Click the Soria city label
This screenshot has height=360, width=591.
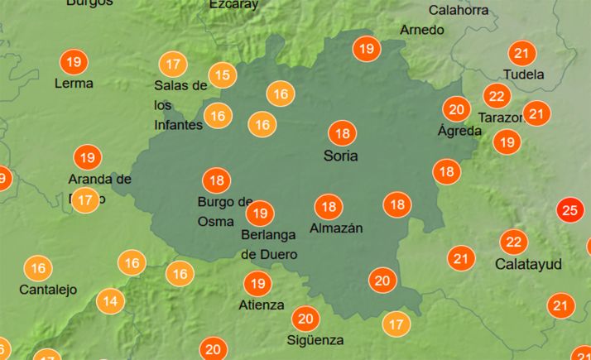click(x=340, y=156)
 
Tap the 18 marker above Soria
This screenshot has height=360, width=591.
click(x=341, y=133)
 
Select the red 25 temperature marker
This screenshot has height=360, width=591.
click(x=569, y=210)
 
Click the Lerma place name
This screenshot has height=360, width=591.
click(x=73, y=84)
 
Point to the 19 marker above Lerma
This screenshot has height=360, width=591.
click(x=74, y=62)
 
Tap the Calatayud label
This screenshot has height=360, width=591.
click(x=528, y=265)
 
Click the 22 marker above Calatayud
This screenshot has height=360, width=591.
click(x=514, y=242)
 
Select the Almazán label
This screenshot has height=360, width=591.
click(x=336, y=228)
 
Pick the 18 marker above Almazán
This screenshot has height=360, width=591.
click(x=329, y=207)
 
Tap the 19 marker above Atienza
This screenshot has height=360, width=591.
click(x=257, y=284)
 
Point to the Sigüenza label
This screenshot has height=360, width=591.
click(x=315, y=340)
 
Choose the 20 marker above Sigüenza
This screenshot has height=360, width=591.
click(x=306, y=319)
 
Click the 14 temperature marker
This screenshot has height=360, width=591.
click(x=110, y=301)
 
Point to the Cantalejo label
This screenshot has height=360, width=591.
click(x=48, y=290)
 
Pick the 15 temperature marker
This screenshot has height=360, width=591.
click(x=222, y=75)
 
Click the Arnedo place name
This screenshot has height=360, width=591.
click(x=421, y=30)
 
